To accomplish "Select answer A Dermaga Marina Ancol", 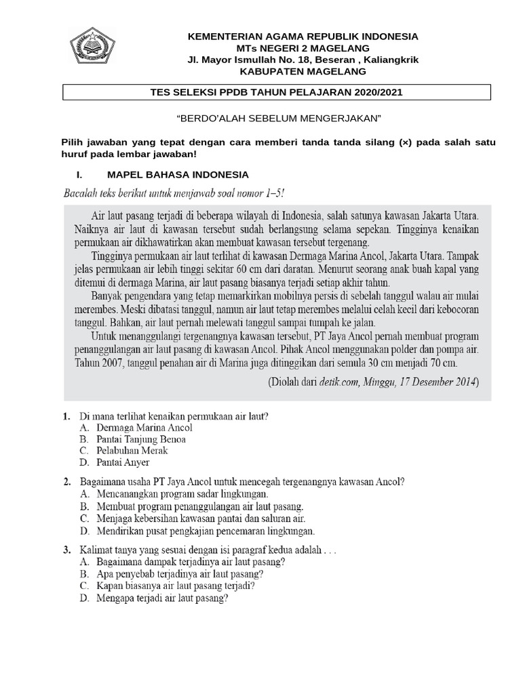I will [144, 428].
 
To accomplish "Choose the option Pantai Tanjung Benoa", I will [141, 439].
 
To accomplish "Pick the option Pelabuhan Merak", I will [132, 450].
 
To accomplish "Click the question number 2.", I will [67, 483].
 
